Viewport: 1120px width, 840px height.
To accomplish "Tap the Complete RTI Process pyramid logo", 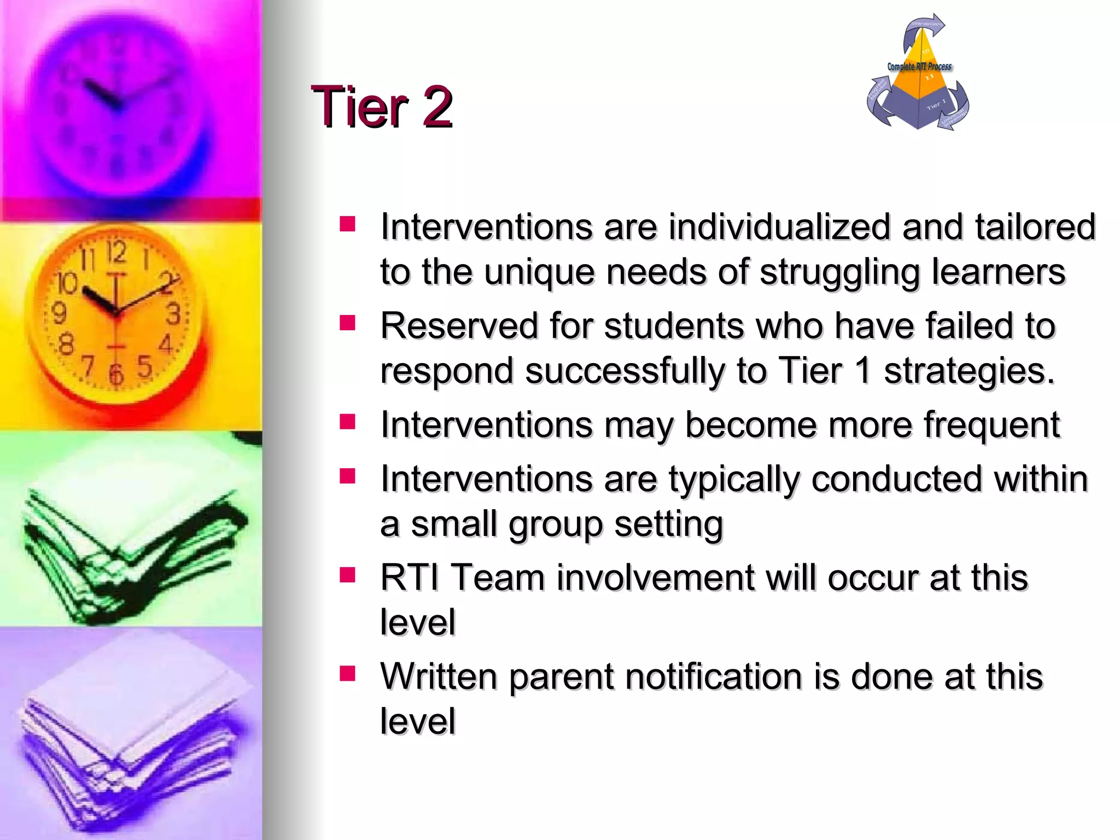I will [x=918, y=74].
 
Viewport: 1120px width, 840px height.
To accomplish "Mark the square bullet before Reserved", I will [x=347, y=323].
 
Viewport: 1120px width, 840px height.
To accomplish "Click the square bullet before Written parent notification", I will [x=347, y=674].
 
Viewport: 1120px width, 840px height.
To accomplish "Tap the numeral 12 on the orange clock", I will [x=116, y=252].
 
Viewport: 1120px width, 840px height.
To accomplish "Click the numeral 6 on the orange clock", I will [x=116, y=375].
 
